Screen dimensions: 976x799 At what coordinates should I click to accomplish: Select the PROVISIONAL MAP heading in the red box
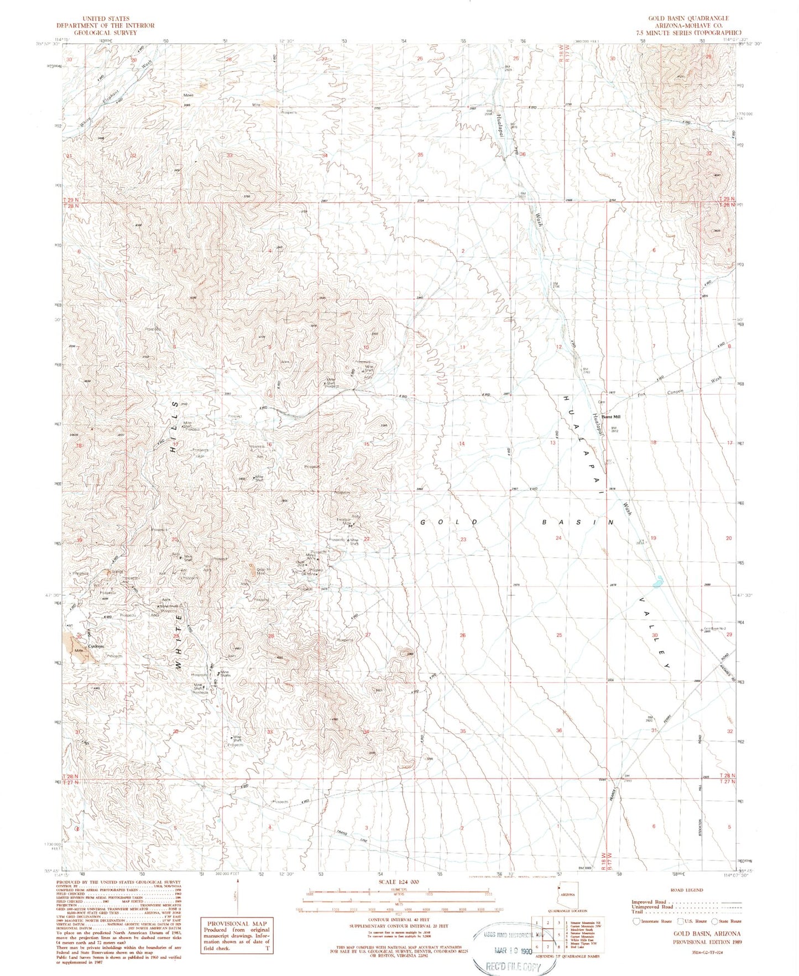point(237,923)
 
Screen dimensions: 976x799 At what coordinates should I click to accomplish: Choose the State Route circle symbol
point(715,921)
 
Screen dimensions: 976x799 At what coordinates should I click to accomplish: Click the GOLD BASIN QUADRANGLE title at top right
point(688,18)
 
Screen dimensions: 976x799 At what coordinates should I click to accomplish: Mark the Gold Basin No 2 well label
point(717,629)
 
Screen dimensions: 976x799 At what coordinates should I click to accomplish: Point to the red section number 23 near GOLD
point(463,539)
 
